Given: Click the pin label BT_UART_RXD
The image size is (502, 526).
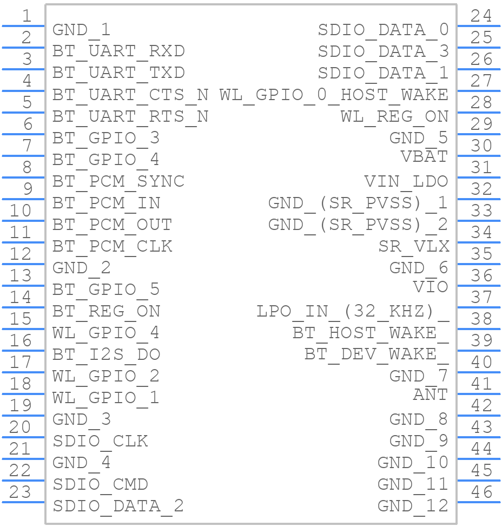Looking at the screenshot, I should coord(118,51).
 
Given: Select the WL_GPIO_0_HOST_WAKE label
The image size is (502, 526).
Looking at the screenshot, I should coord(334,95).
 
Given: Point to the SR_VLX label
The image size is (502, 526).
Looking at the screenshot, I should coord(414,246).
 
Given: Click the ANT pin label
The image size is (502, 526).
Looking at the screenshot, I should coord(431,394).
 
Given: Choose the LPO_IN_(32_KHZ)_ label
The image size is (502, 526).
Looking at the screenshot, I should coord(353,311).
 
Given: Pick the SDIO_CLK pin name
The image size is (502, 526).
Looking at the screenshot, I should coord(100,441).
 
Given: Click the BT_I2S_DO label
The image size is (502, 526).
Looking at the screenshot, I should coord(106,354).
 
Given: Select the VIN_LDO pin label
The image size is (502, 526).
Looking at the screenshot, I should coord(406,181).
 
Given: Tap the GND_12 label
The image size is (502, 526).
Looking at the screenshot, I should coord(413,506).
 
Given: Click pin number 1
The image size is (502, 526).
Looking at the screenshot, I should coord(26,16).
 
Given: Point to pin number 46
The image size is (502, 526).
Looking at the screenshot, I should coord(481,492).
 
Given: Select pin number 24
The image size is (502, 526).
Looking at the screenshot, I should coord(481,16).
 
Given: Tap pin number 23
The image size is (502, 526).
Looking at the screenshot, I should coord(20,492).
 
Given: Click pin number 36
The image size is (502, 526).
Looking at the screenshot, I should coord(481,275).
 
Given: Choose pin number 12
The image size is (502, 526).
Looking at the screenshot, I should coord(20,254).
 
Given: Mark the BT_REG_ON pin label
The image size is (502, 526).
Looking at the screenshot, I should coord(106,311).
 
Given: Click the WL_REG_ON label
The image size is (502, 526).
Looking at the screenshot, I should coord(394,116).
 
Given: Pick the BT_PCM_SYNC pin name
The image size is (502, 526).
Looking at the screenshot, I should coord(118,181).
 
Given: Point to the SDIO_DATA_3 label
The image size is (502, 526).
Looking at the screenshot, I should coord(383,51).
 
